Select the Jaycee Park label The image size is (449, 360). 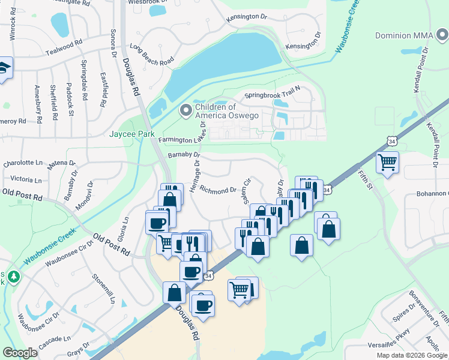[x=132, y=134]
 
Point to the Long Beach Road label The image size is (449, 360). [x=152, y=54]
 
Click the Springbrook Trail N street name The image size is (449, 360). [x=272, y=95]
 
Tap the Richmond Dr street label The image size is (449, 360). [x=218, y=191]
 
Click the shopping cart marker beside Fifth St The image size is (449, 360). [x=387, y=162]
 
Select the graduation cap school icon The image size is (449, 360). [x=4, y=68]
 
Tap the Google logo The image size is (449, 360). [x=20, y=353]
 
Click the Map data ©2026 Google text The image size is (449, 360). [x=412, y=355]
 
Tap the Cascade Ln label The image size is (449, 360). [x=54, y=342]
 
